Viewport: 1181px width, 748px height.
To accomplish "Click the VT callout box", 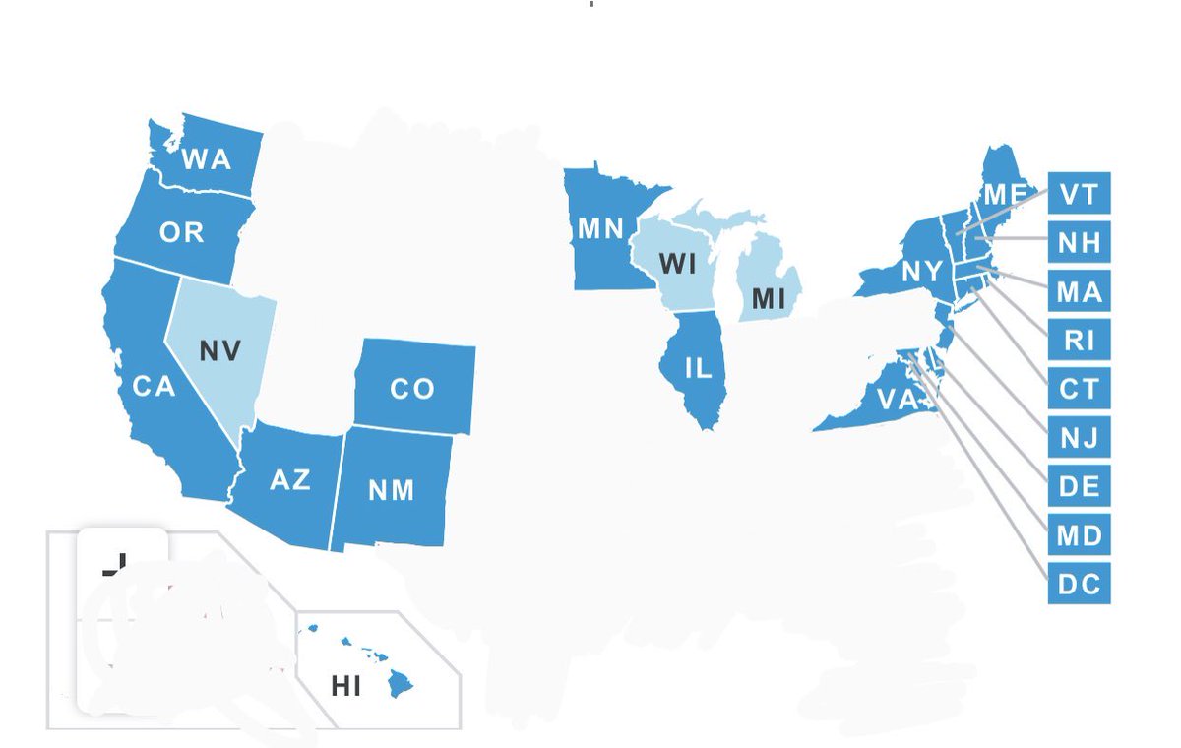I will (x=1079, y=192).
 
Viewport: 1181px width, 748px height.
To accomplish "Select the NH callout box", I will (x=1079, y=241).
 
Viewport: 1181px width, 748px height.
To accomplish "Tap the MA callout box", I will (x=1079, y=291).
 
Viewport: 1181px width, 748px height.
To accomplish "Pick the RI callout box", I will (x=1079, y=341).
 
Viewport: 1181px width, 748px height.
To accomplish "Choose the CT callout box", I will (x=1079, y=389).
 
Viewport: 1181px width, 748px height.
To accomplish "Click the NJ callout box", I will (x=1079, y=436).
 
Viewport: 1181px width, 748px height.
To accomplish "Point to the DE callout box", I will (x=1079, y=486).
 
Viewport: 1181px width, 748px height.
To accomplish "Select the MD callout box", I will (x=1079, y=535).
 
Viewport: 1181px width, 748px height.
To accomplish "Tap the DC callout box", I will (x=1079, y=585).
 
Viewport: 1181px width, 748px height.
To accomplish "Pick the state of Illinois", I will (x=697, y=369).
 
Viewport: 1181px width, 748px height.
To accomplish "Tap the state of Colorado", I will (x=413, y=387).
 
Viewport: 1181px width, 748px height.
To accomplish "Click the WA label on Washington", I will (x=207, y=158).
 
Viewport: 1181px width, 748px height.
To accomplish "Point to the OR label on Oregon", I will (x=182, y=232).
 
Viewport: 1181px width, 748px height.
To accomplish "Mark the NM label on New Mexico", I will (x=392, y=489).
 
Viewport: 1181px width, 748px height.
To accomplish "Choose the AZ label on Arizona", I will (x=289, y=479).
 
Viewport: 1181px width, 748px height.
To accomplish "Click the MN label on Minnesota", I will (x=600, y=229).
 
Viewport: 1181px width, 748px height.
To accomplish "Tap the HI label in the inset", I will (x=346, y=686).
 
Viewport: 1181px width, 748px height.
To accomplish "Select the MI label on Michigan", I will (x=769, y=298).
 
